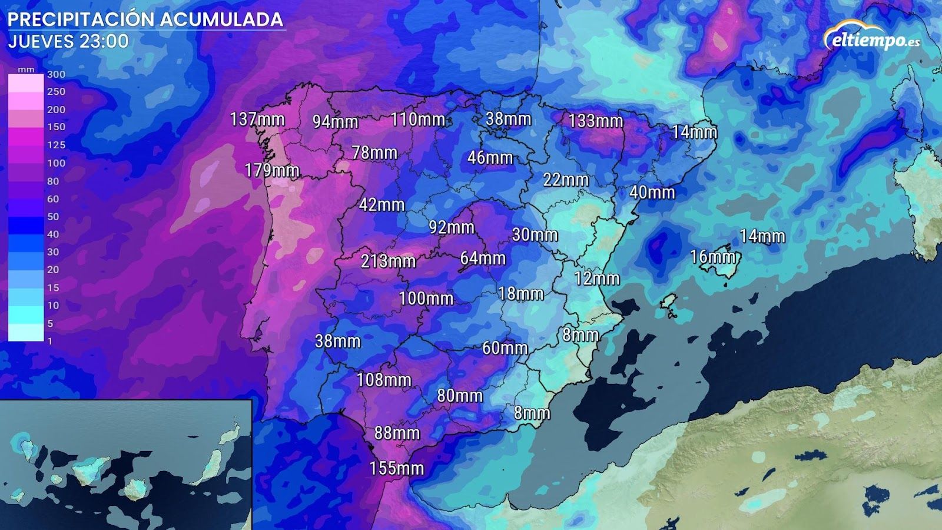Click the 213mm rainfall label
click(388, 261)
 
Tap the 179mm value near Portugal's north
click(272, 171)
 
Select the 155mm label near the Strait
click(396, 469)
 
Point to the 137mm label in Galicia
click(257, 119)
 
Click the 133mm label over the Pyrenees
click(595, 121)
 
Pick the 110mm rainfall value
click(417, 120)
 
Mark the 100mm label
click(426, 299)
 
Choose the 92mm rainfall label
click(452, 227)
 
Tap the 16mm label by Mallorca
click(712, 257)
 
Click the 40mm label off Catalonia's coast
click(652, 193)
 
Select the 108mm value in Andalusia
click(384, 380)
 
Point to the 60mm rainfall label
click(505, 348)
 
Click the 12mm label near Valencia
click(597, 279)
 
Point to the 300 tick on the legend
click(56, 74)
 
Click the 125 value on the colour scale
click(56, 145)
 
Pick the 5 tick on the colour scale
click(50, 323)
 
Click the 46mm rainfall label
click(490, 158)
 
